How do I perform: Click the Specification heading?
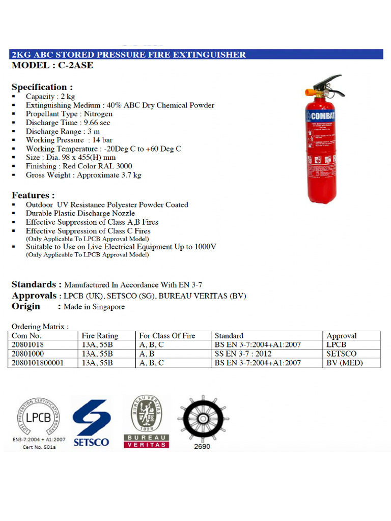pos(42,87)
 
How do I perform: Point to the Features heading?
pos(34,195)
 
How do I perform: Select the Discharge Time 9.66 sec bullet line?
pos(68,123)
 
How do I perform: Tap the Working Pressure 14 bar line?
pos(69,140)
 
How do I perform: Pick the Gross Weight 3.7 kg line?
pos(83,175)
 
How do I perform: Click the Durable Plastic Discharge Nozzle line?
pos(80,213)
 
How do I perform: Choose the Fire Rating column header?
pos(100,336)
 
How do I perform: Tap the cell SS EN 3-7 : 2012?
pos(243,354)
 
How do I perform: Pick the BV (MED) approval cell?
pos(345,363)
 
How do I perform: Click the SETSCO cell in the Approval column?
pos(342,354)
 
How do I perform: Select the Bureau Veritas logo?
pos(146,420)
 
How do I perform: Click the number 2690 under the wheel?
pos(202,447)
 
